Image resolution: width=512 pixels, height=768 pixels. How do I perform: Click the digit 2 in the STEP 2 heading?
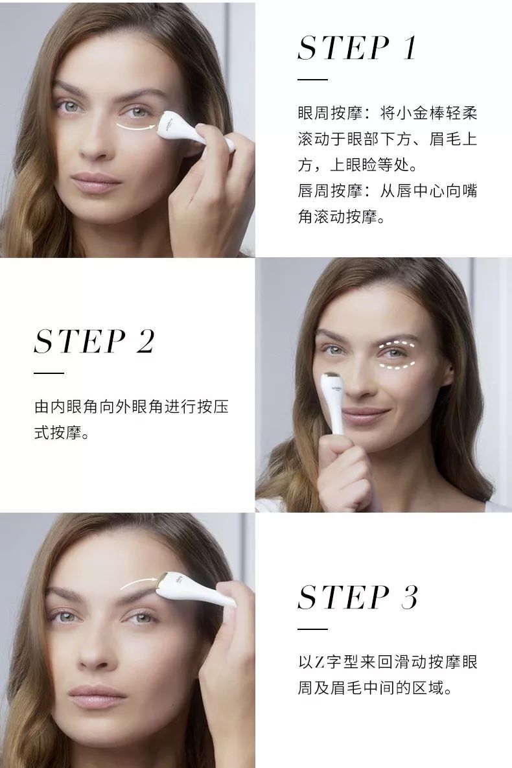click(x=145, y=342)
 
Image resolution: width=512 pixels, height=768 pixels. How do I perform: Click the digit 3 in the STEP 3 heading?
click(x=408, y=597)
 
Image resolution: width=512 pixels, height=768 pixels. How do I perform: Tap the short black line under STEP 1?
click(x=312, y=79)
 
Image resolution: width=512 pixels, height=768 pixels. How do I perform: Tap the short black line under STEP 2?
click(x=49, y=373)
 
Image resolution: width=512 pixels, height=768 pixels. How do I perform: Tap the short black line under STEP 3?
click(x=312, y=629)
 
